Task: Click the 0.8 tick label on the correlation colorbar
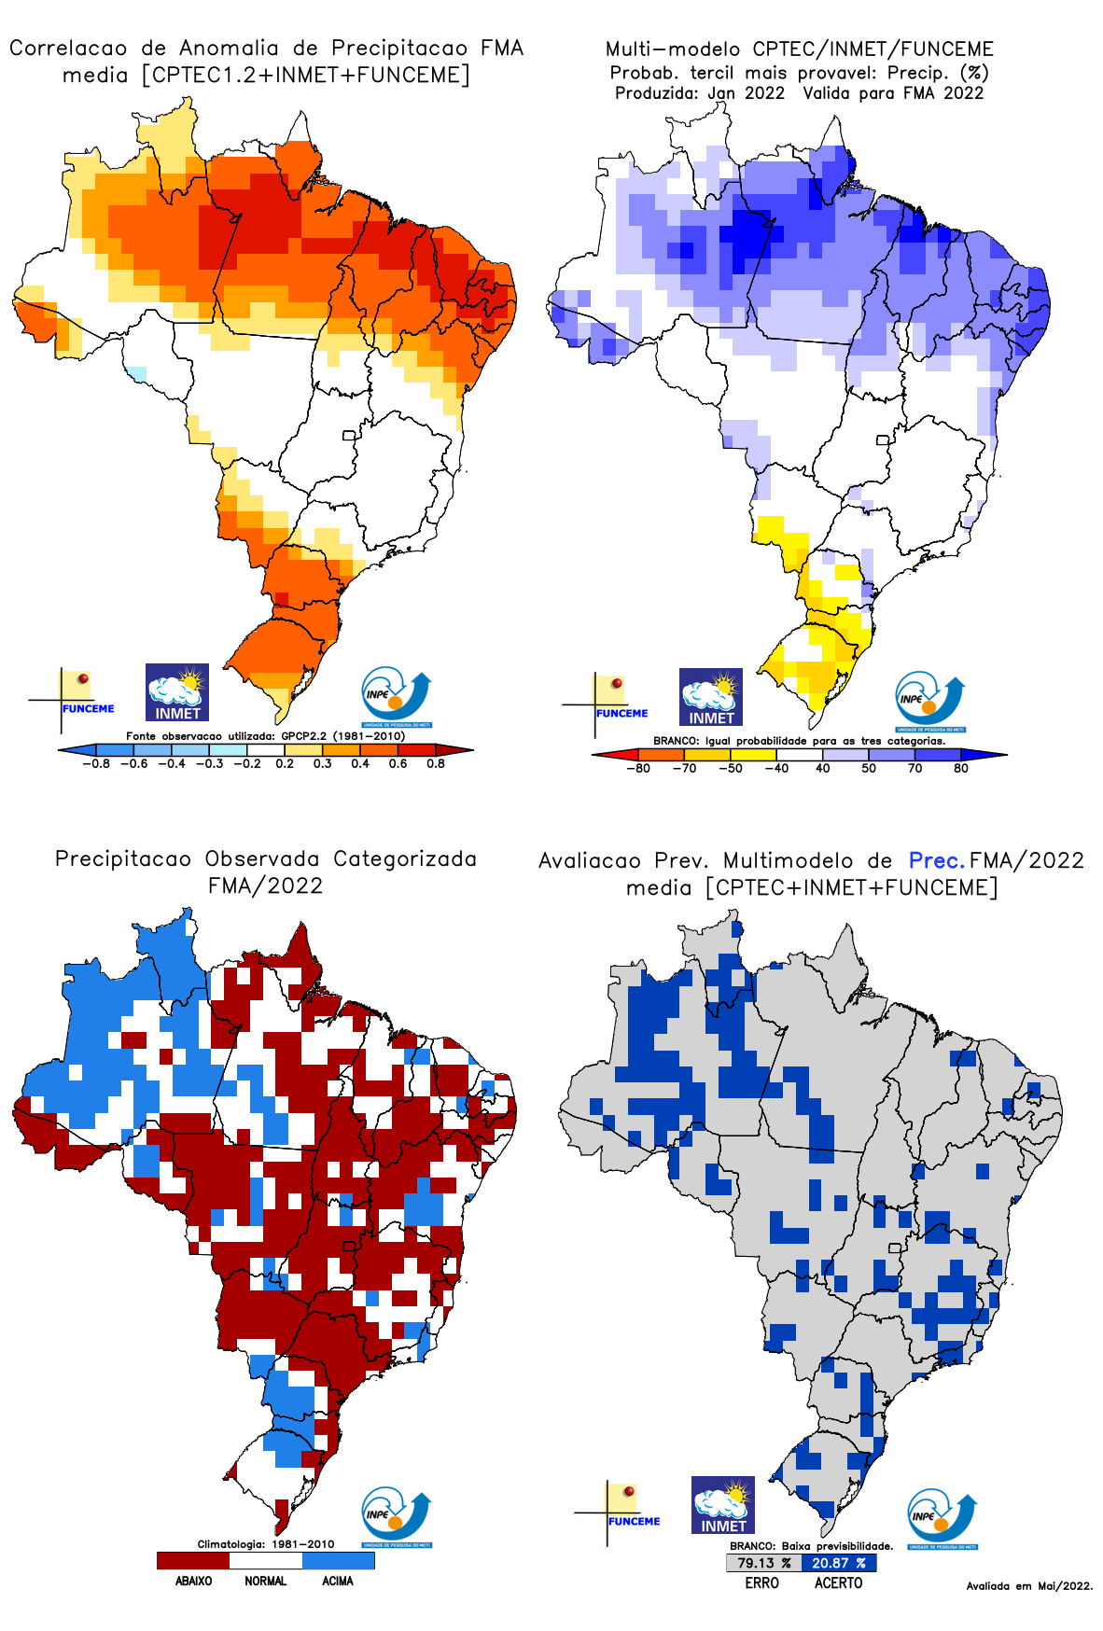pyautogui.click(x=435, y=763)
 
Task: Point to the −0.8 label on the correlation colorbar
pyautogui.click(x=95, y=763)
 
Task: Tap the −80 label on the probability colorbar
pyautogui.click(x=638, y=769)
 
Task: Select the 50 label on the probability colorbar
pyautogui.click(x=869, y=769)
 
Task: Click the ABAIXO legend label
pyautogui.click(x=193, y=1581)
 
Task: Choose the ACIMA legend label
pyautogui.click(x=338, y=1581)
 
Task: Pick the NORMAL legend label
pyautogui.click(x=266, y=1581)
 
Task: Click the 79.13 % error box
pyautogui.click(x=763, y=1563)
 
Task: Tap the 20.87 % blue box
pyautogui.click(x=838, y=1563)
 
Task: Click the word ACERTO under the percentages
pyautogui.click(x=838, y=1583)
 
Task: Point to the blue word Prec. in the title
pyautogui.click(x=936, y=860)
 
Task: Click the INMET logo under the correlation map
pyautogui.click(x=177, y=692)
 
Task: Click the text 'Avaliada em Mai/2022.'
pyautogui.click(x=1029, y=1585)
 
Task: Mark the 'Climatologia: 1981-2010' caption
pyautogui.click(x=265, y=1544)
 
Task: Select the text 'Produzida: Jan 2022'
pyautogui.click(x=699, y=93)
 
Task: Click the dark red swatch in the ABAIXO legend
pyautogui.click(x=193, y=1560)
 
